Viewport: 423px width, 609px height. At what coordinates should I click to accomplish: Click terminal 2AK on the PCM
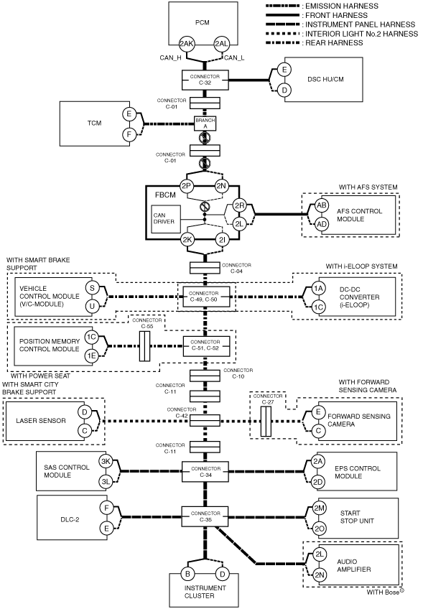pos(187,44)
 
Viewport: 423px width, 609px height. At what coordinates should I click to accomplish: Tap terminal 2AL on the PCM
pos(221,44)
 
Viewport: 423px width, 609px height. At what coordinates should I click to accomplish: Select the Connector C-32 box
pos(205,80)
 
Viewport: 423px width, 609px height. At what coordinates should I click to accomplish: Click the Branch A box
pos(205,124)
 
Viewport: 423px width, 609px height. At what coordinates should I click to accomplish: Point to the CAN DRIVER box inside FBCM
pos(165,219)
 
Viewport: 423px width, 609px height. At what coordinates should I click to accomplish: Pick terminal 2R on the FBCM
pos(239,205)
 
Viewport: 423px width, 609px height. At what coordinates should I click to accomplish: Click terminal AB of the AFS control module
pos(322,205)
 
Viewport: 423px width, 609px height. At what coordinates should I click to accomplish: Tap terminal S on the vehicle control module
pos(92,288)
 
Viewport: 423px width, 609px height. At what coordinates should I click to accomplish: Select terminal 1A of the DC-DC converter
pos(318,288)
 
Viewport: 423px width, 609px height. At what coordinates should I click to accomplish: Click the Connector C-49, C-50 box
pos(206,297)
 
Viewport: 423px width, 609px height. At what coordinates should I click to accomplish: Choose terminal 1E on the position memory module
pos(91,355)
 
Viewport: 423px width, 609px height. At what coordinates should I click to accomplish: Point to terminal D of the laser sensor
pos(85,412)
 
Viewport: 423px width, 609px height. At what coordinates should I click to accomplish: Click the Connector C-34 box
pos(205,472)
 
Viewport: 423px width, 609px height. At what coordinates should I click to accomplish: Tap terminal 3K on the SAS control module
pos(106,461)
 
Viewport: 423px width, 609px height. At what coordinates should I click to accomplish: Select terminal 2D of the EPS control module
pos(317,482)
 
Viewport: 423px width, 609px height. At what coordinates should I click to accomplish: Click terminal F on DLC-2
pos(106,508)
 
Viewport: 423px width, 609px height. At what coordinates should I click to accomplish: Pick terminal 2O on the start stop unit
pos(320,529)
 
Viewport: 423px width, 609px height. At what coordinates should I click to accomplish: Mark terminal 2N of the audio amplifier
pos(320,575)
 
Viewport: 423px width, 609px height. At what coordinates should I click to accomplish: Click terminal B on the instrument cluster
pos(187,574)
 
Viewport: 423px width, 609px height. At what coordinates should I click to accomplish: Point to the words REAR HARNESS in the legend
pos(334,42)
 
